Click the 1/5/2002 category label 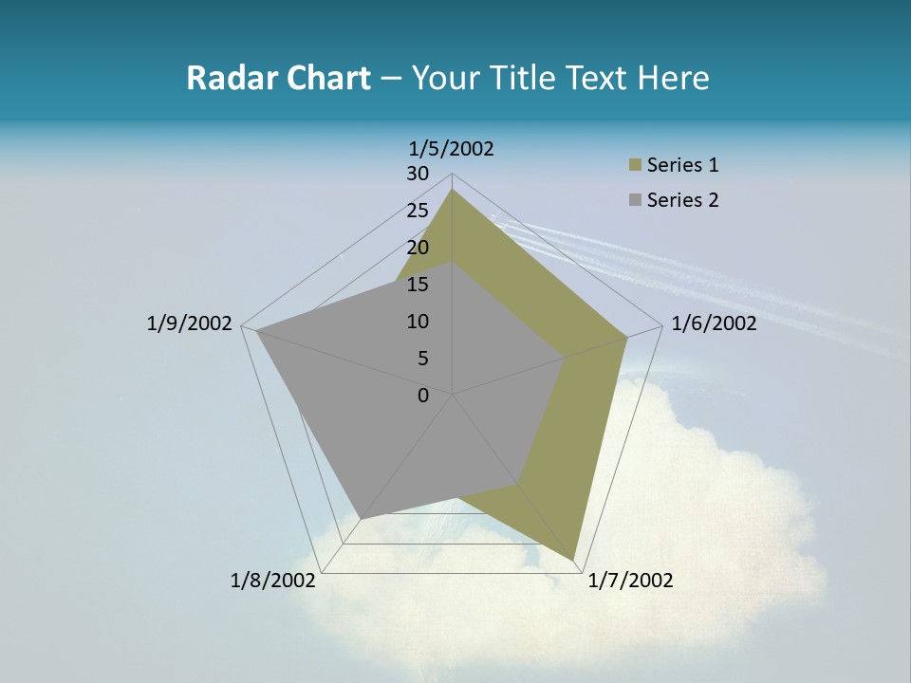(452, 148)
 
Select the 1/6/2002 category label (714, 323)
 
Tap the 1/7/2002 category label (630, 581)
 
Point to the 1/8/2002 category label (273, 581)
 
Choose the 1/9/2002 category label (189, 323)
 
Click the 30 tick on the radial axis (418, 174)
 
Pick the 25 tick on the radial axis (418, 211)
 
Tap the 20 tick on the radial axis (418, 248)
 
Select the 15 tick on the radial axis (418, 285)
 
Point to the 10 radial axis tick (418, 322)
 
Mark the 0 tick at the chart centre (423, 396)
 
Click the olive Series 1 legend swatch (635, 165)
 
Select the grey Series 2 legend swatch (635, 200)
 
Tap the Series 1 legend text (682, 165)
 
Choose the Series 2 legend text (682, 200)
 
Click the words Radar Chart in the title (278, 78)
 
